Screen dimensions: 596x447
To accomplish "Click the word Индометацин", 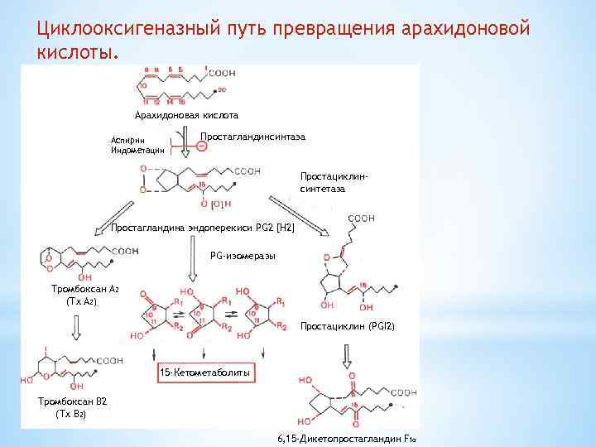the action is point(137,151).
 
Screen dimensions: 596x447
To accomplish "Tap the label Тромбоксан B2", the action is point(74,401).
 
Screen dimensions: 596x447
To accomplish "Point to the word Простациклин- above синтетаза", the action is point(334,177).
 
